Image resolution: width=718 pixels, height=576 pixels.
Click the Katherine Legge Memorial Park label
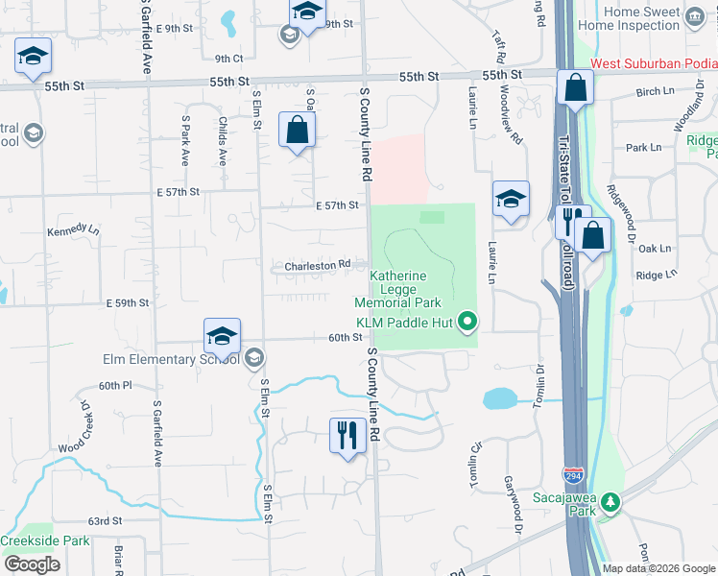pyautogui.click(x=419, y=289)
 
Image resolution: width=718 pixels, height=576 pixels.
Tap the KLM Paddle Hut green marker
pyautogui.click(x=467, y=321)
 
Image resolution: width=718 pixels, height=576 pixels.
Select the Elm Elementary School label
pyautogui.click(x=171, y=360)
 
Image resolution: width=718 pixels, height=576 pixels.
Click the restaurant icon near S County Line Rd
pyautogui.click(x=345, y=435)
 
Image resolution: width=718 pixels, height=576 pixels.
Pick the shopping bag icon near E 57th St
pyautogui.click(x=297, y=129)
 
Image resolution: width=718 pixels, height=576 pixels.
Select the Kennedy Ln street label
pyautogui.click(x=73, y=231)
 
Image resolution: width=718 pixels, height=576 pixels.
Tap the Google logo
pyautogui.click(x=33, y=564)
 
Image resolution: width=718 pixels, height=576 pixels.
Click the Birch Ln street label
pyautogui.click(x=655, y=91)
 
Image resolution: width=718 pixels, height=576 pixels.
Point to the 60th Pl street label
pyautogui.click(x=113, y=385)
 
